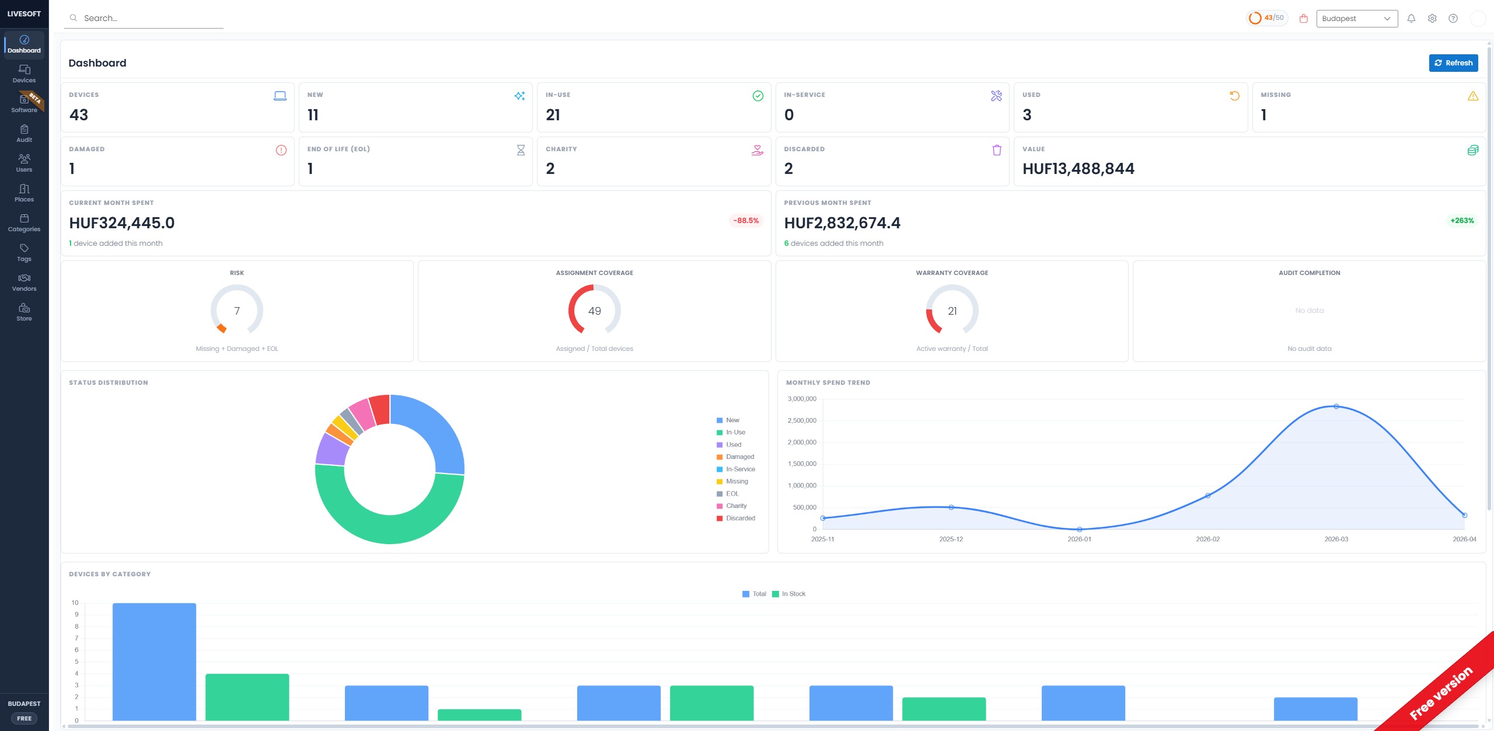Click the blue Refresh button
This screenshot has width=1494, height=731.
pyautogui.click(x=1453, y=63)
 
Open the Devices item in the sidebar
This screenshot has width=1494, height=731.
pyautogui.click(x=24, y=74)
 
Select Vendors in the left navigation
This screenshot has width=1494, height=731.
pyautogui.click(x=24, y=282)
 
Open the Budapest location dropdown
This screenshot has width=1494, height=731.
pyautogui.click(x=1356, y=19)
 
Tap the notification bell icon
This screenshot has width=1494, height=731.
pyautogui.click(x=1411, y=19)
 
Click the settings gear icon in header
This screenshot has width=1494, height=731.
pyautogui.click(x=1432, y=19)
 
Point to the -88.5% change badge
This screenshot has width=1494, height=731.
pyautogui.click(x=746, y=221)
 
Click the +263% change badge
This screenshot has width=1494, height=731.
pyautogui.click(x=1462, y=221)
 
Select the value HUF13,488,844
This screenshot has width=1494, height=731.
pyautogui.click(x=1078, y=169)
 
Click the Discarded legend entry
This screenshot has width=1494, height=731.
pyautogui.click(x=739, y=518)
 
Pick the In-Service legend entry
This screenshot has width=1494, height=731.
pyautogui.click(x=739, y=469)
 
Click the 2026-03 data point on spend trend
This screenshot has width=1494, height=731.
pyautogui.click(x=1336, y=406)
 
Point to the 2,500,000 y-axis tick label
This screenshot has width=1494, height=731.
pyautogui.click(x=802, y=421)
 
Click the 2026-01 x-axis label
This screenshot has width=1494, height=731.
pyautogui.click(x=1079, y=539)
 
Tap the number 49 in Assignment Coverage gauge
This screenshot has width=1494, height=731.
pyautogui.click(x=594, y=311)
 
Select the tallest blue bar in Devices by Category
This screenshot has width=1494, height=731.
pyautogui.click(x=154, y=660)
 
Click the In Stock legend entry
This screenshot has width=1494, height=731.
pyautogui.click(x=793, y=594)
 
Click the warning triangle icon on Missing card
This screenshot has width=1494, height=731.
pyautogui.click(x=1472, y=96)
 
